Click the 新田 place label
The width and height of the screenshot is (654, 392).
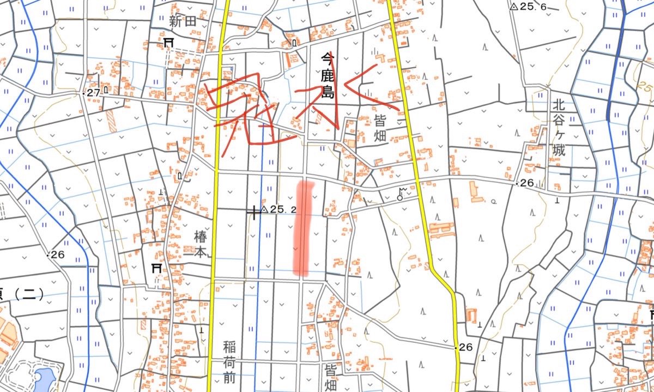point(182,22)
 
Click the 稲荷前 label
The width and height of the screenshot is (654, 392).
point(229,361)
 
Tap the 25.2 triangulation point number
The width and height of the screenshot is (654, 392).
point(283,210)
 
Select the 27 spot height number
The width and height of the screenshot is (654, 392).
point(94,93)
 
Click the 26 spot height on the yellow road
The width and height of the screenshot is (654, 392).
point(465,347)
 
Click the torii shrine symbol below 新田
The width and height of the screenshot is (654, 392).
point(168,43)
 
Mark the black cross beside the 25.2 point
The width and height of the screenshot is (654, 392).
point(253,212)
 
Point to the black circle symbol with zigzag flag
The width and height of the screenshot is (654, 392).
point(402,194)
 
